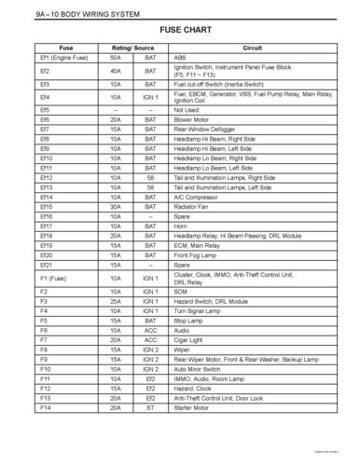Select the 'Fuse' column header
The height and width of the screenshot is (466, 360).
pos(66,47)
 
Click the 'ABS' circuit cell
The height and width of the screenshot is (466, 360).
pos(181,57)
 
